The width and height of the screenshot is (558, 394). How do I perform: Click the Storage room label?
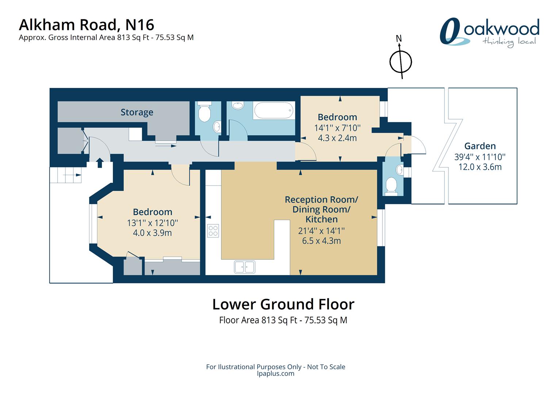(137, 112)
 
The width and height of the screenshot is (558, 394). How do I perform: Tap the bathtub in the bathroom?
(274, 110)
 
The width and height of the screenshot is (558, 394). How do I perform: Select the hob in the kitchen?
(213, 231)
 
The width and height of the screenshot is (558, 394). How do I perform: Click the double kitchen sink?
(245, 267)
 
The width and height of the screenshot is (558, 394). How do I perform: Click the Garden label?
(480, 146)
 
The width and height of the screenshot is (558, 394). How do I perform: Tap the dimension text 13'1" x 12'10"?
(152, 223)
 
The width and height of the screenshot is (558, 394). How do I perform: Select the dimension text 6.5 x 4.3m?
(321, 241)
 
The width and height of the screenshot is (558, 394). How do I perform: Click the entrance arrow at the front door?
(100, 163)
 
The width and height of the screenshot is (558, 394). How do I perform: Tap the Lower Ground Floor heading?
(283, 304)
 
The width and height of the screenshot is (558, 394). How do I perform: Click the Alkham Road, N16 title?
(87, 25)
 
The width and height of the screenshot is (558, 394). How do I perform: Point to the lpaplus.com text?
(275, 373)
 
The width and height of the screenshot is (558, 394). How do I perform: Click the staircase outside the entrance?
(66, 175)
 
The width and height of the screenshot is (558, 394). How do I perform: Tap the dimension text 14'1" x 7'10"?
(337, 128)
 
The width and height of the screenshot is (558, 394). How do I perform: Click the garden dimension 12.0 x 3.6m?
(480, 167)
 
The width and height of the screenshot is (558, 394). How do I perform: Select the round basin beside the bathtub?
(238, 105)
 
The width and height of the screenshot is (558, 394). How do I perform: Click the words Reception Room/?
(321, 200)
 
